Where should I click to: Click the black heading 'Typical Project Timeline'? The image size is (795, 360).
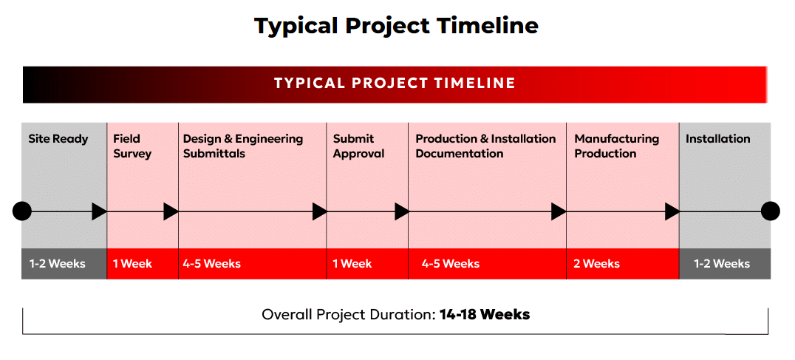396,26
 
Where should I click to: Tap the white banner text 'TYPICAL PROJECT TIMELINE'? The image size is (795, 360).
395,83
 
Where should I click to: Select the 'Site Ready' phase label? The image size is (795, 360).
58,139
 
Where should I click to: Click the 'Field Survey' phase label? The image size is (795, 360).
132,146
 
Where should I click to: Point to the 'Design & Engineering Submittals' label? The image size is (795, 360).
243,146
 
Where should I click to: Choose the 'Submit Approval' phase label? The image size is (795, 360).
358,146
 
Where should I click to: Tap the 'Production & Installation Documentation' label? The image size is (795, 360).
485,146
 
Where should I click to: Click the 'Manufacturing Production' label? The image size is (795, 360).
616,146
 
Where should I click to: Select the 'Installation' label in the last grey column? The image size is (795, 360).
718,139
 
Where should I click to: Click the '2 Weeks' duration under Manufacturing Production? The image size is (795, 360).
596,264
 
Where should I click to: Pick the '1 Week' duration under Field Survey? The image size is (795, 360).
132,264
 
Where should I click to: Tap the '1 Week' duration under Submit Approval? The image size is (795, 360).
352,264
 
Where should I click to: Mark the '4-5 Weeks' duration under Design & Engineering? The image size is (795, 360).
212,264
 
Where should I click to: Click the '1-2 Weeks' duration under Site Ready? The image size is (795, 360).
58,264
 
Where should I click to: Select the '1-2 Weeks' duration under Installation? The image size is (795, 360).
722,264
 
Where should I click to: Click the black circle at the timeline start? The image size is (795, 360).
22,211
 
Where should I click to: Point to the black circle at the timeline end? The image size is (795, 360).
771,211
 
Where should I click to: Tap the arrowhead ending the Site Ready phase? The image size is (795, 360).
99,211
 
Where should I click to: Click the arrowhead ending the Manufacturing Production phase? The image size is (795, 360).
672,211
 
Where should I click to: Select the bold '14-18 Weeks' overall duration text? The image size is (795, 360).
485,314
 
